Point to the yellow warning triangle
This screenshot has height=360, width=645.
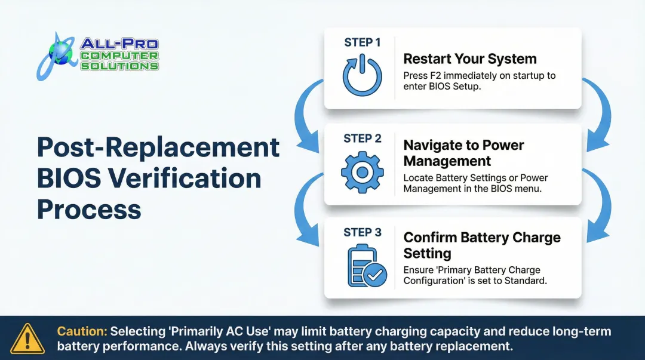[27, 339]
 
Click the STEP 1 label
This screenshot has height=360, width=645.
[363, 42]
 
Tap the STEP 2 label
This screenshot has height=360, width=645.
[363, 139]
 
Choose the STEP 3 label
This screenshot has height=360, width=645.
[363, 232]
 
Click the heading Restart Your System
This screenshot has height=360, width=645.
[470, 59]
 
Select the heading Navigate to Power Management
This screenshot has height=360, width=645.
[463, 153]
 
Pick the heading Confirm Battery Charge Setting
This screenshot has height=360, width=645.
[482, 245]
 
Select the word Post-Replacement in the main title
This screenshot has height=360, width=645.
[158, 147]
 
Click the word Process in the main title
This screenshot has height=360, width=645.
[89, 209]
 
